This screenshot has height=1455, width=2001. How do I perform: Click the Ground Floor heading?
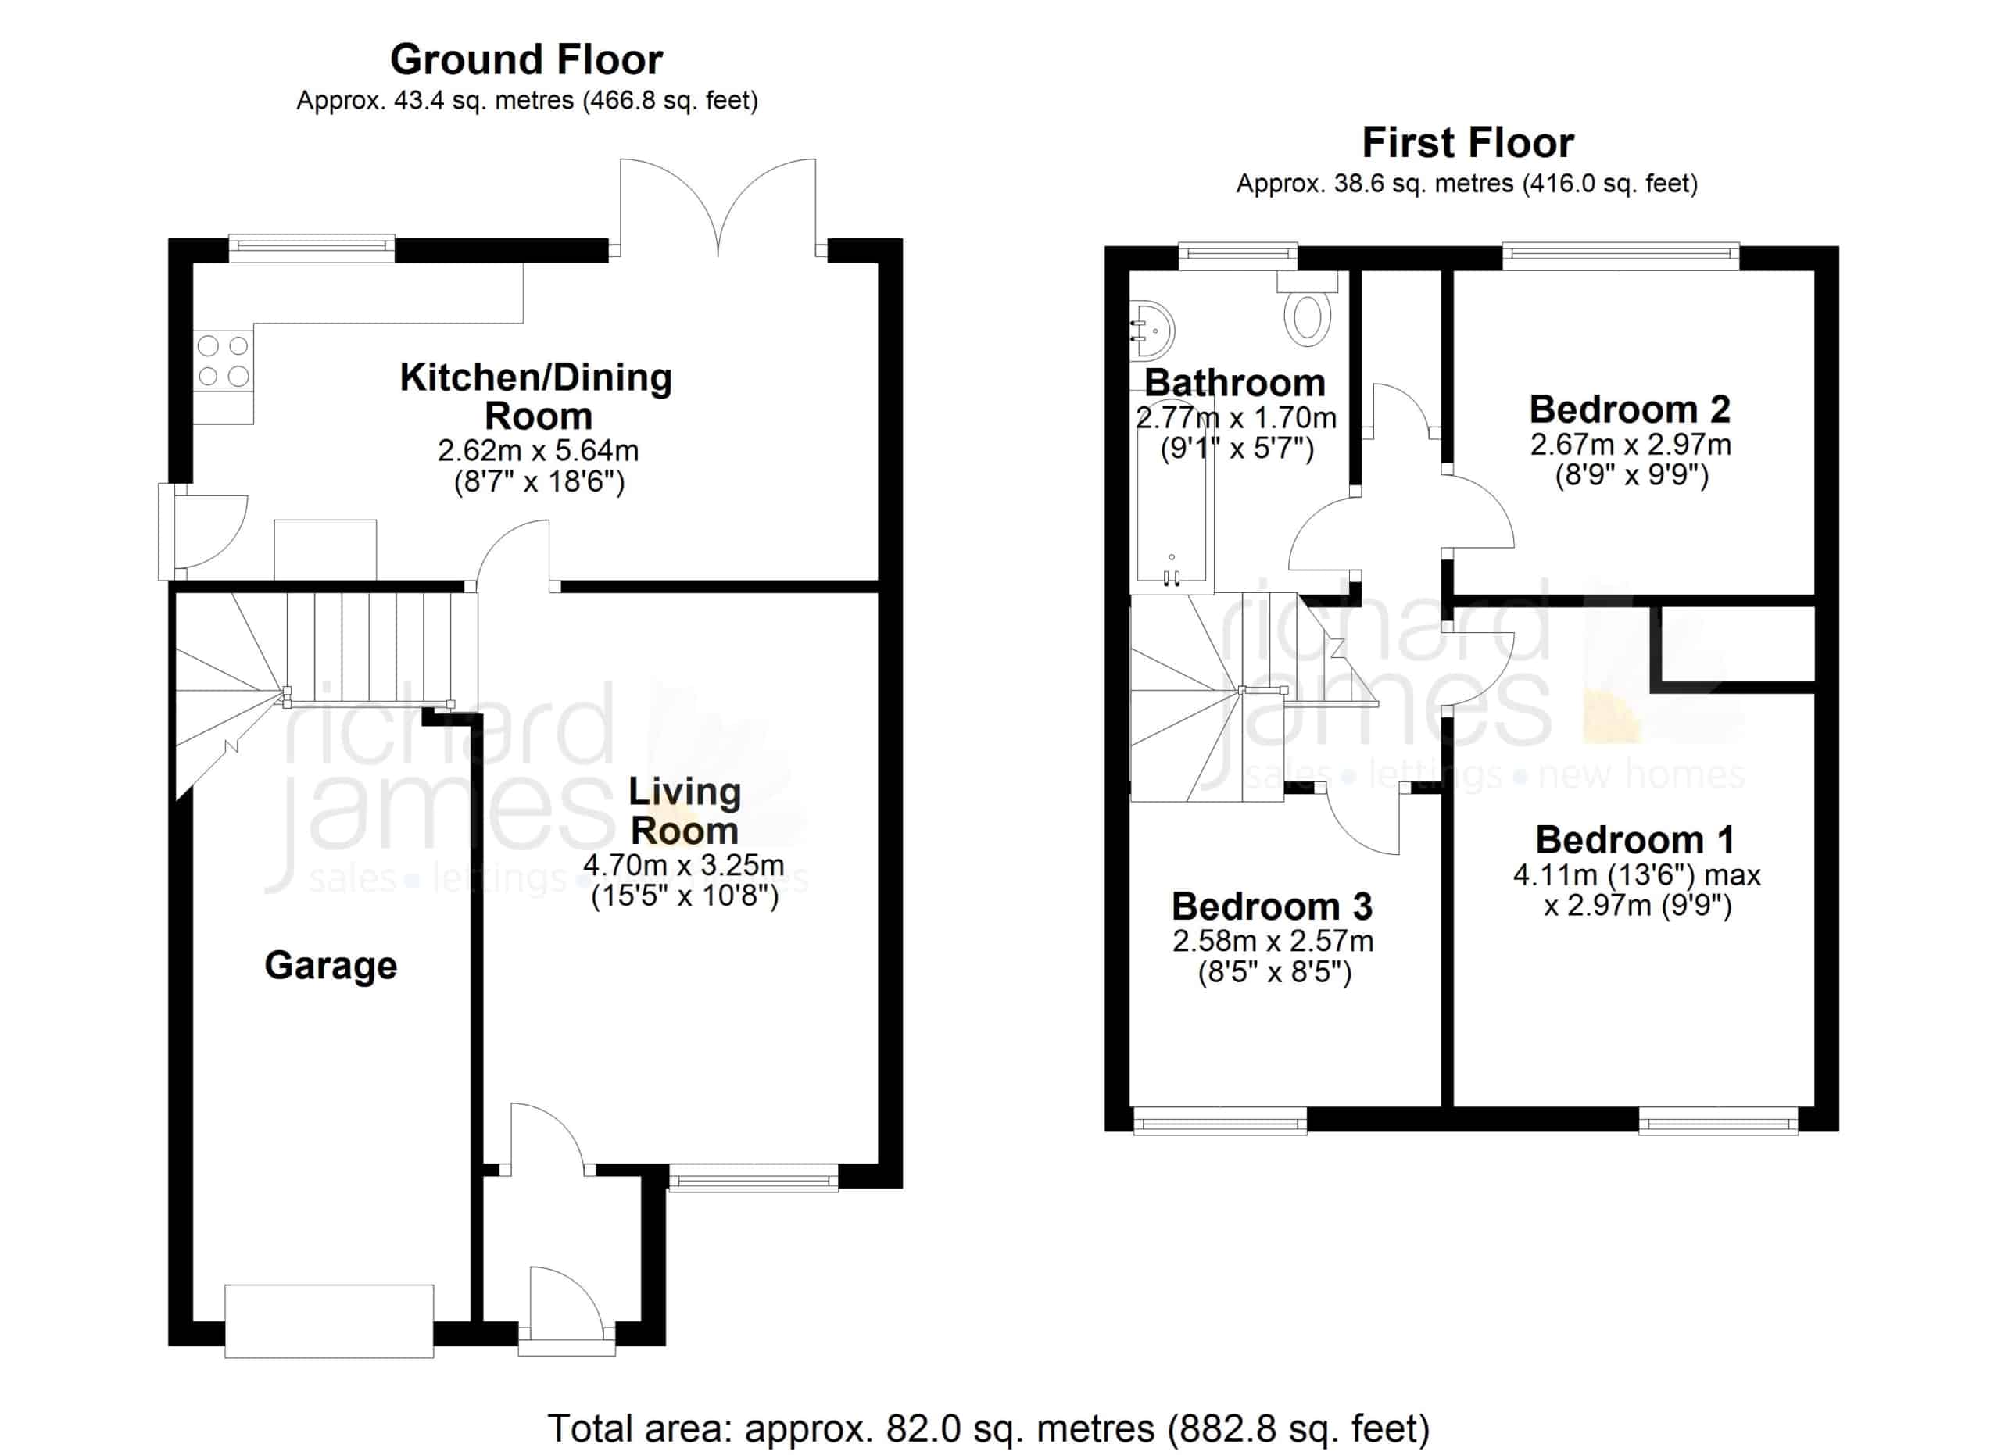[x=527, y=60]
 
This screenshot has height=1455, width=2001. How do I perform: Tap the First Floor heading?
[x=1468, y=143]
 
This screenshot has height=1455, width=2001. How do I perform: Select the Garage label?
[x=331, y=966]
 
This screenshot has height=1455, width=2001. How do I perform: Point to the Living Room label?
[x=685, y=811]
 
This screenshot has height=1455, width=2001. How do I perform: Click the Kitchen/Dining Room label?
[x=535, y=396]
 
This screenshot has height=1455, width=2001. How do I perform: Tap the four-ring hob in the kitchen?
[x=224, y=361]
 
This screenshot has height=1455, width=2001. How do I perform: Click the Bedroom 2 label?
[x=1630, y=409]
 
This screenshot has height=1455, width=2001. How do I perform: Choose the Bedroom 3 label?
[x=1273, y=906]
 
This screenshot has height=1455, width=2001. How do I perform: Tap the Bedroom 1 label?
[x=1635, y=839]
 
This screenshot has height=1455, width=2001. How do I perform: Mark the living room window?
[x=754, y=1178]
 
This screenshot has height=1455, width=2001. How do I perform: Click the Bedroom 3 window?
[x=1220, y=1120]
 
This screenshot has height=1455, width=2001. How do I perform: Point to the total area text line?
[x=988, y=1428]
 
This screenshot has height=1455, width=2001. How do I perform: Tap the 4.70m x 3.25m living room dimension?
[x=684, y=865]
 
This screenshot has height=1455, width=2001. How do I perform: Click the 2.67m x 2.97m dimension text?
[x=1631, y=445]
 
